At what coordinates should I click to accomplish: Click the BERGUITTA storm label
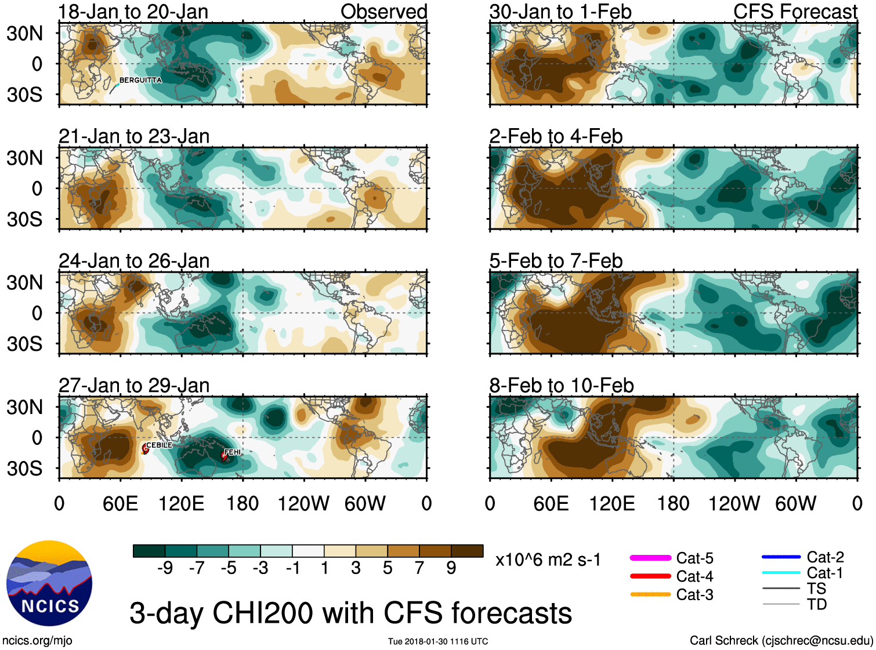click(140, 80)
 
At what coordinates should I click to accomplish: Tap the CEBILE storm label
click(159, 445)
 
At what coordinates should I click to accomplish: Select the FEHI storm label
click(232, 452)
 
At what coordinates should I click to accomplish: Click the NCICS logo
click(49, 583)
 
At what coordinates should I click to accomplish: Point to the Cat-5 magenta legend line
click(650, 558)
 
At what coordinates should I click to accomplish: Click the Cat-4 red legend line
click(650, 576)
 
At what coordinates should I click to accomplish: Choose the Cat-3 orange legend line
click(650, 594)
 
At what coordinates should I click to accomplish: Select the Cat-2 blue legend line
click(781, 557)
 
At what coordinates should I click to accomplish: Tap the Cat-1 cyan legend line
click(781, 573)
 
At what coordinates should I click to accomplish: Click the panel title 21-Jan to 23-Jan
click(134, 136)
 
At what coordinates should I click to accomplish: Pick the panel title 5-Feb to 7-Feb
click(556, 261)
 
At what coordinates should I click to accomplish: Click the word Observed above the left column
click(383, 12)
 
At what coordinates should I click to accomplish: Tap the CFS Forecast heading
click(795, 12)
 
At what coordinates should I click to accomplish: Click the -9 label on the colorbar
click(165, 568)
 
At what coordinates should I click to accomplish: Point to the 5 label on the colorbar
click(388, 568)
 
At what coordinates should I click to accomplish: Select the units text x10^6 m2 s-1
click(548, 560)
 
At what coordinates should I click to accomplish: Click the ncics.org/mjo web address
click(37, 640)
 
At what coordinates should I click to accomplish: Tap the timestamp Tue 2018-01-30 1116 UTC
click(438, 641)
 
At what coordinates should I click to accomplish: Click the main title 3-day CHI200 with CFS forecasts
click(350, 613)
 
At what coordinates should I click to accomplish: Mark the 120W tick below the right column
click(734, 503)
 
